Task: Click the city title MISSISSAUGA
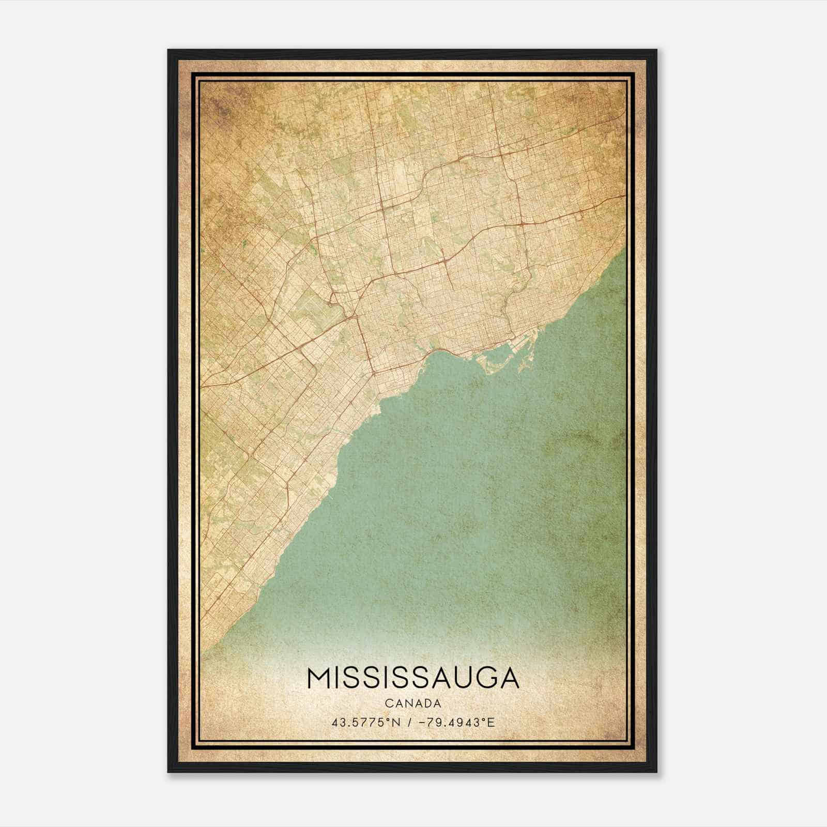click(413, 678)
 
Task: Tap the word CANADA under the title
click(413, 703)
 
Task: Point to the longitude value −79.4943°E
click(455, 722)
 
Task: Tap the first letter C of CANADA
click(388, 703)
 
